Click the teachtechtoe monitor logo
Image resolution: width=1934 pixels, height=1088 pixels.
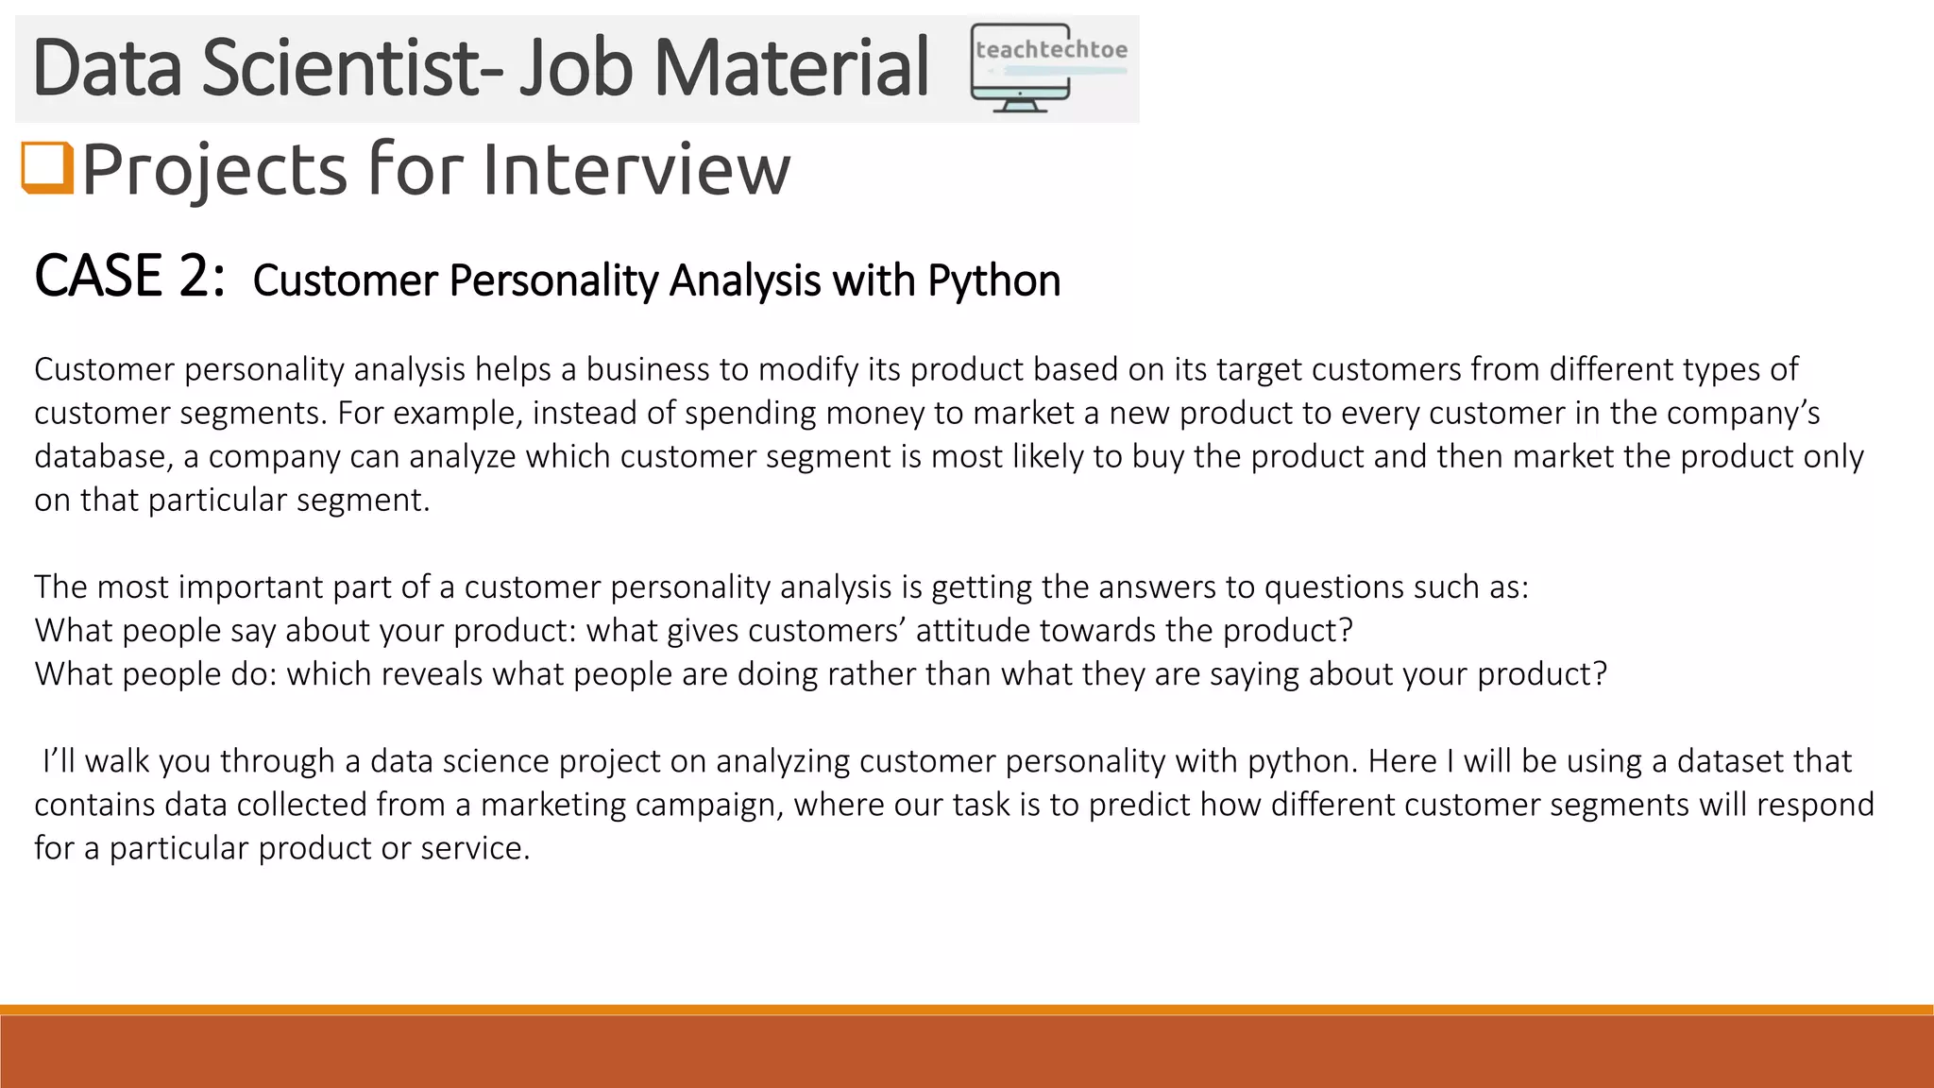click(x=1048, y=68)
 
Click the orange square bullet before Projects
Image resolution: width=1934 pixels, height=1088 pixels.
click(x=46, y=168)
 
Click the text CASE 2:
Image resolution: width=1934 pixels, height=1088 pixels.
click(x=129, y=278)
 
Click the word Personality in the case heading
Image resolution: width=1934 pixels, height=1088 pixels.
click(x=555, y=281)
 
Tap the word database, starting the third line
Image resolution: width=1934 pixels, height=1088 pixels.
click(x=104, y=457)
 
